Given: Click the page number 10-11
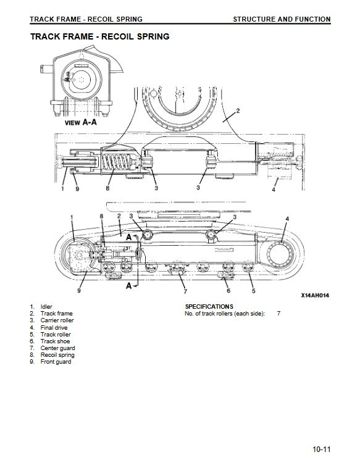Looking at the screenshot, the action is tap(322, 449).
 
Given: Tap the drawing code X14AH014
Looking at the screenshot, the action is tap(315, 296).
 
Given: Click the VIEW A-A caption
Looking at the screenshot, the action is tap(81, 122).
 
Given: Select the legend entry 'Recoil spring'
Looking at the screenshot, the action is tap(52, 355).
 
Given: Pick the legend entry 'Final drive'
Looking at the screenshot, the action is tap(48, 327).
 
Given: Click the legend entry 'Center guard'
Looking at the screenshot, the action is tap(52, 348).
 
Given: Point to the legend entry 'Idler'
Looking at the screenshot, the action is tap(41, 306).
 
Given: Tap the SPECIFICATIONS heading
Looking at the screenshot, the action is tap(209, 306).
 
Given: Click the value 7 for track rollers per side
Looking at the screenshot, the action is tap(278, 314).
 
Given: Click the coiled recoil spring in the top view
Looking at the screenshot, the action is tap(115, 162).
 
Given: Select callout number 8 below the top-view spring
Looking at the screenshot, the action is tap(108, 188).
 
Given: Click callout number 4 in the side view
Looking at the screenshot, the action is tap(287, 219).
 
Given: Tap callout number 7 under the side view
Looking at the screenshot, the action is tap(185, 291).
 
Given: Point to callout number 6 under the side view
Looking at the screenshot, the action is tap(228, 290).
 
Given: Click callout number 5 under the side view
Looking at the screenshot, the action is tap(253, 290).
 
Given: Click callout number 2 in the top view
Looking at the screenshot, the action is tap(238, 111).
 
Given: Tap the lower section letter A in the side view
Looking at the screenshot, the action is tap(128, 286).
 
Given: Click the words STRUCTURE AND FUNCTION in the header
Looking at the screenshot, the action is tap(282, 19).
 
